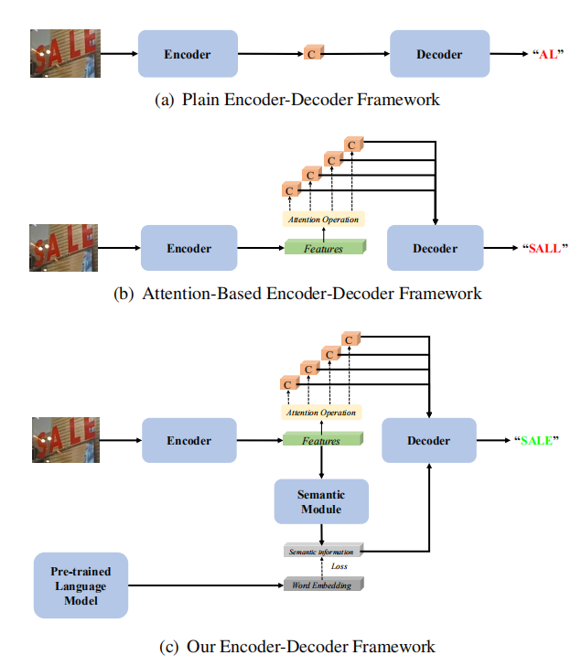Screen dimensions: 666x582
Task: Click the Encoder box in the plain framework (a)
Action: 187,54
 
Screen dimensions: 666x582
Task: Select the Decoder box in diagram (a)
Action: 438,54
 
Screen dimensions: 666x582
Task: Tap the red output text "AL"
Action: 547,54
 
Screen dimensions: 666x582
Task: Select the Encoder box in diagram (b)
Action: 189,248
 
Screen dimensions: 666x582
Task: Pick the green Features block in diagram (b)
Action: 324,248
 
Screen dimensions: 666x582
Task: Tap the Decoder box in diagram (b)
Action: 435,248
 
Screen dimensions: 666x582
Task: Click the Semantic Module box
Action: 321,501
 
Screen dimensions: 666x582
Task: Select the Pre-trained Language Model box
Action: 81,585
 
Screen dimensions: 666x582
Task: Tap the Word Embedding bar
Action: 321,585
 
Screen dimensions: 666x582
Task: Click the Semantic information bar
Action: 321,551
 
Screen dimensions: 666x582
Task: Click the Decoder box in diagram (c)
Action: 429,441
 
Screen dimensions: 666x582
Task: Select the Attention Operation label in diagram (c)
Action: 320,413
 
